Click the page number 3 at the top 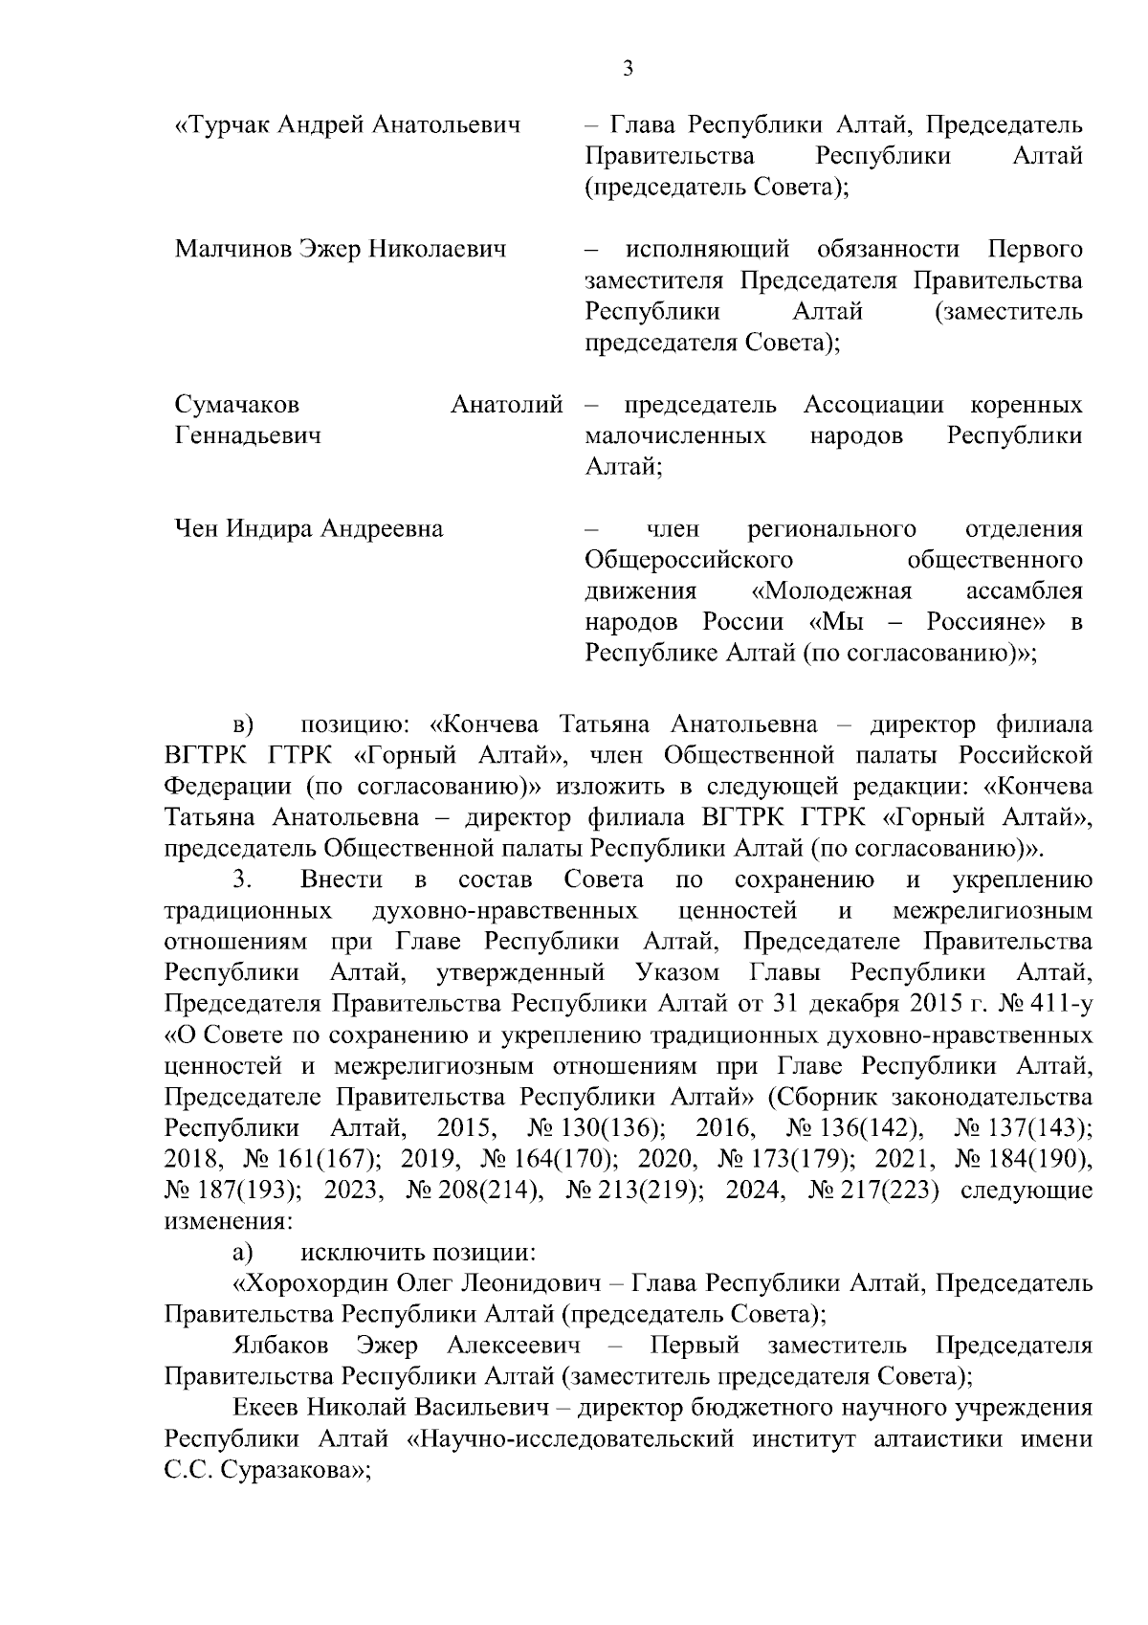coord(627,68)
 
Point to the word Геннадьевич coord(248,435)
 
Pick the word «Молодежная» coord(832,590)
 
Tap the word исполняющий coord(707,250)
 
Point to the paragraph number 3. coord(239,879)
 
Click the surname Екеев coord(265,1408)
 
